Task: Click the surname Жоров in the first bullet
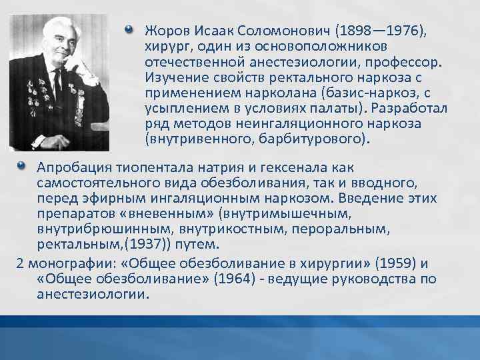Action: pos(165,31)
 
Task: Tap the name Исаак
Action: pos(212,31)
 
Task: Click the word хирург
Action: pos(164,47)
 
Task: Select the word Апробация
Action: pos(71,167)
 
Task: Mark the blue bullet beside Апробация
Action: pos(21,165)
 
